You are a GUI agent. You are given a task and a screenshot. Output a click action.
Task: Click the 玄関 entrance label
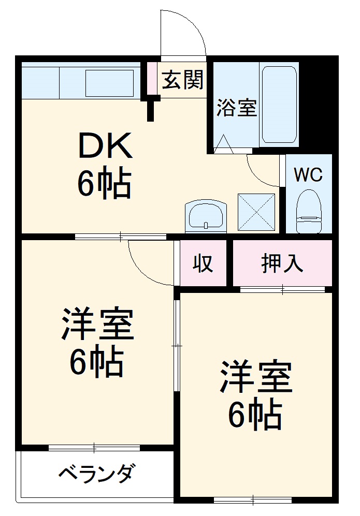(182, 80)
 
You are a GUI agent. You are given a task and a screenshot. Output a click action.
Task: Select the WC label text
(308, 174)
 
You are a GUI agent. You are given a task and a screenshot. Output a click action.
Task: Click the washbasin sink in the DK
(206, 215)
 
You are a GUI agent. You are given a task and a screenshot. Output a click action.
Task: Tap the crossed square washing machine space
(256, 212)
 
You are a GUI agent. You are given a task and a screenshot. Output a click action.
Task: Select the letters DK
(105, 146)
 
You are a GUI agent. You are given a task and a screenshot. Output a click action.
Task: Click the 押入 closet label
(282, 264)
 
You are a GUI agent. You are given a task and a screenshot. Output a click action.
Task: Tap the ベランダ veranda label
(97, 473)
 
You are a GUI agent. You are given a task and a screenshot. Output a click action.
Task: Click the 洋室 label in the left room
(98, 324)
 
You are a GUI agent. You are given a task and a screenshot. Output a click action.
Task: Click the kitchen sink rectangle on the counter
(109, 83)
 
